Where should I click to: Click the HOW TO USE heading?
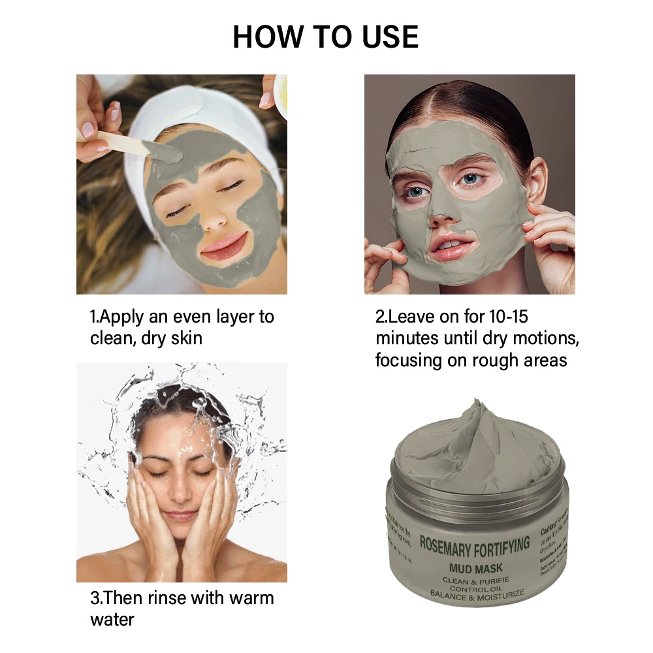[x=326, y=37]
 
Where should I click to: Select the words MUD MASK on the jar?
[x=475, y=567]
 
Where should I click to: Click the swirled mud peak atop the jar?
[x=480, y=418]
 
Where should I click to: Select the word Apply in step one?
[x=125, y=317]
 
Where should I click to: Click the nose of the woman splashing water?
[x=180, y=496]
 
